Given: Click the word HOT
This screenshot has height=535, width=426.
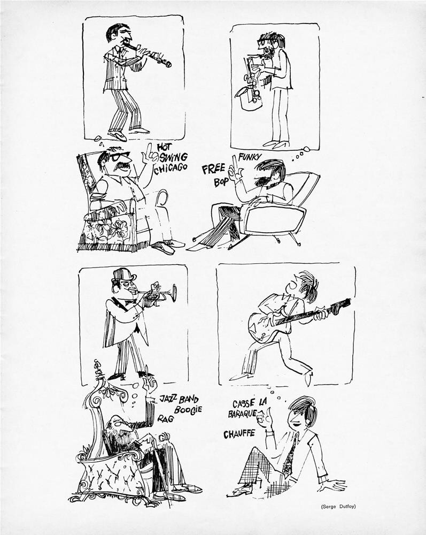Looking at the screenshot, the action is (165, 147).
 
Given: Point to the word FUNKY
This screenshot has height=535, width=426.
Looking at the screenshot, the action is (250, 157).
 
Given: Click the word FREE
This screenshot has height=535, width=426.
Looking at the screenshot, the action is (214, 169).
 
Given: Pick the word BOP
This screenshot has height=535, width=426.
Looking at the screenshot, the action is (221, 182).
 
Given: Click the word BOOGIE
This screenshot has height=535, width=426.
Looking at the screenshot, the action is (188, 409).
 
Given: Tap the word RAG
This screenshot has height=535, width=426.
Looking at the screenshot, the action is (166, 418).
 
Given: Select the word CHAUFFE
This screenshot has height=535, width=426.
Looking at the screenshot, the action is (239, 434).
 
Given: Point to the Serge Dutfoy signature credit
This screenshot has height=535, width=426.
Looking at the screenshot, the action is (338, 507).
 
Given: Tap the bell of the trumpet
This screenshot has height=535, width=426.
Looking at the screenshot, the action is (174, 293).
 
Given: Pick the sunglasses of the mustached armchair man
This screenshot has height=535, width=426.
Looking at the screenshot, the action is (119, 156).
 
